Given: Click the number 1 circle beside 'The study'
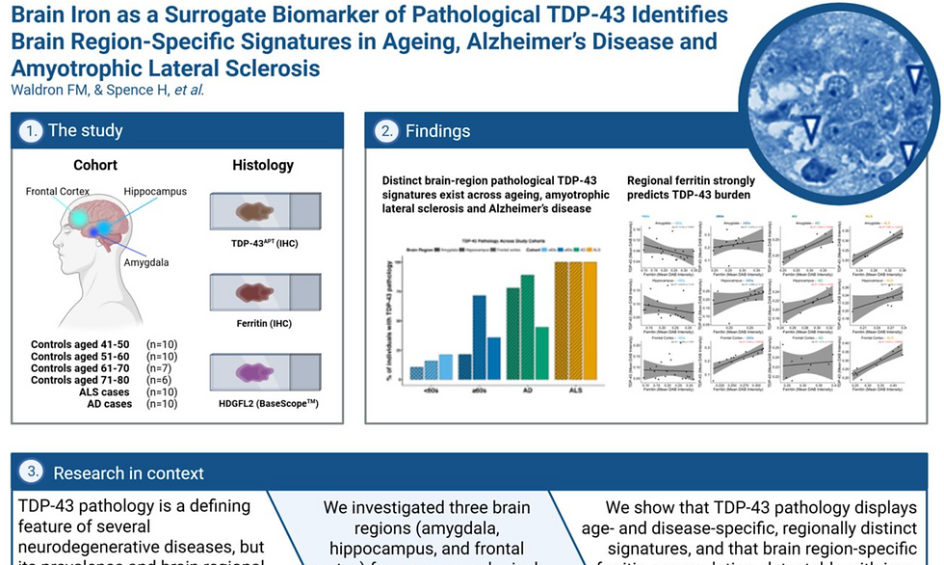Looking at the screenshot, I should click(x=33, y=131).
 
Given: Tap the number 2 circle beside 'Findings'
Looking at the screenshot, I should click(x=387, y=131).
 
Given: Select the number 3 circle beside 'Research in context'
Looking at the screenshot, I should click(x=33, y=472).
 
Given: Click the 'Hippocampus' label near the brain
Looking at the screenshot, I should click(x=155, y=192).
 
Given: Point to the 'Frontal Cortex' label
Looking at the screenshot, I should click(x=58, y=192).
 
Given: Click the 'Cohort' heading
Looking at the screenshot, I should click(x=95, y=166).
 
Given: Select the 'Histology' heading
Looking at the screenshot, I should click(x=263, y=166).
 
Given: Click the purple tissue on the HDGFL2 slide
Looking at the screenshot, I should click(x=255, y=372).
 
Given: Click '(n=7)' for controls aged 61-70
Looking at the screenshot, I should click(x=159, y=368).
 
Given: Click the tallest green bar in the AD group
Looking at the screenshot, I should click(x=527, y=328).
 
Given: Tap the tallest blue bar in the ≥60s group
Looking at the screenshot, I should click(x=479, y=337).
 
